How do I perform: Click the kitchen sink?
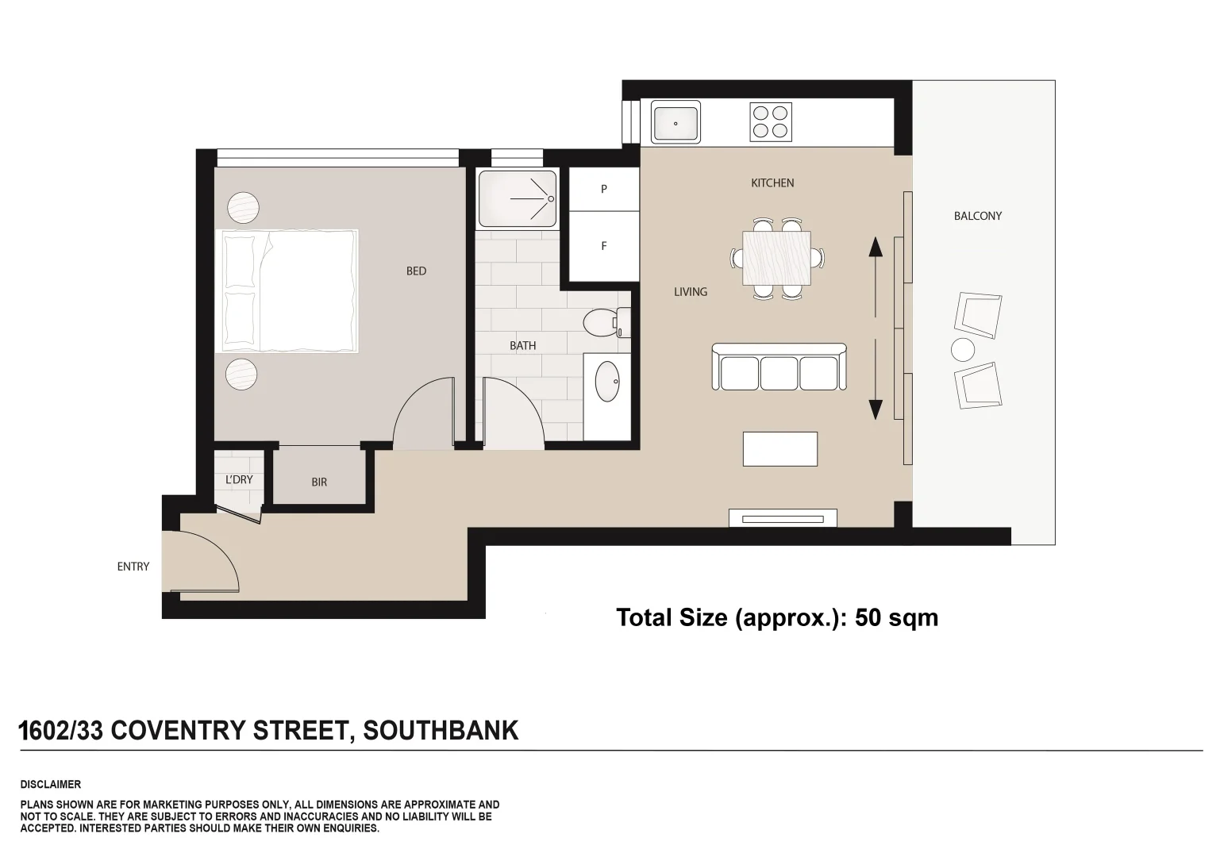[x=676, y=123]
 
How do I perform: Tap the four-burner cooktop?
[x=771, y=123]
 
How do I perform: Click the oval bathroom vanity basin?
[x=608, y=382]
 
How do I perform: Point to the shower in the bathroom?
[x=517, y=198]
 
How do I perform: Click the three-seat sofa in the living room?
[x=779, y=368]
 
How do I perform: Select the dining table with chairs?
[x=777, y=258]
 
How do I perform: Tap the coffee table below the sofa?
[x=779, y=448]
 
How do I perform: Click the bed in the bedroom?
[x=287, y=291]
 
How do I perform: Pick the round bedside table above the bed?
[x=244, y=208]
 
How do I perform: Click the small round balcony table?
[x=962, y=350]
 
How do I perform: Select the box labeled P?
[x=603, y=189]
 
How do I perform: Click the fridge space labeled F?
[x=603, y=246]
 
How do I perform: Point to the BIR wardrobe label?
[x=319, y=482]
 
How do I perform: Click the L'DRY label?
[x=239, y=479]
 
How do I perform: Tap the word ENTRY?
[x=133, y=567]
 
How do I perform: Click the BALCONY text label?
[x=977, y=216]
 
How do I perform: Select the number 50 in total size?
[x=868, y=617]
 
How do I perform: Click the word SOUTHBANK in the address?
[x=441, y=730]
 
